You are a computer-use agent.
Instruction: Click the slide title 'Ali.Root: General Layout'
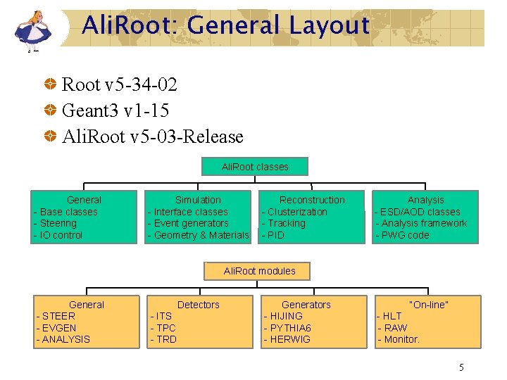[x=225, y=26]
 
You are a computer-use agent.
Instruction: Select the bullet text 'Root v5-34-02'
[x=119, y=85]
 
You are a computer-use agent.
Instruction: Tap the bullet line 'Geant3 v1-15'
[x=115, y=111]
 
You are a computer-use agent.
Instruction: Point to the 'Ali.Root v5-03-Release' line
[x=152, y=137]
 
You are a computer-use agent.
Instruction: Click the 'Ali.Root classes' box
[x=254, y=167]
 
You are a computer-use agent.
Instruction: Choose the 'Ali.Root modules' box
[x=259, y=271]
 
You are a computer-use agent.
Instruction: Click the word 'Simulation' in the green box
[x=198, y=200]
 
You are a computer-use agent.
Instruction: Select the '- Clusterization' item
[x=294, y=212]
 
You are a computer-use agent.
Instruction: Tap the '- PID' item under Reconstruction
[x=273, y=235]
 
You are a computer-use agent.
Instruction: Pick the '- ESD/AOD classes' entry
[x=418, y=212]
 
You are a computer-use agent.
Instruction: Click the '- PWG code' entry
[x=402, y=235]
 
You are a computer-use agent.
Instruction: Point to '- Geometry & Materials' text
[x=198, y=235]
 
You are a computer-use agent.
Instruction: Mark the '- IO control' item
[x=58, y=235]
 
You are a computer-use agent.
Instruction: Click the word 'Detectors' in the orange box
[x=198, y=305]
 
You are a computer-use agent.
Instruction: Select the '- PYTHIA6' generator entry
[x=287, y=328]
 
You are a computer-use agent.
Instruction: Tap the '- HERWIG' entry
[x=287, y=339]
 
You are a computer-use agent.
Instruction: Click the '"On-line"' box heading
[x=429, y=305]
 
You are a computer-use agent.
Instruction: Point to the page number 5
[x=461, y=367]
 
